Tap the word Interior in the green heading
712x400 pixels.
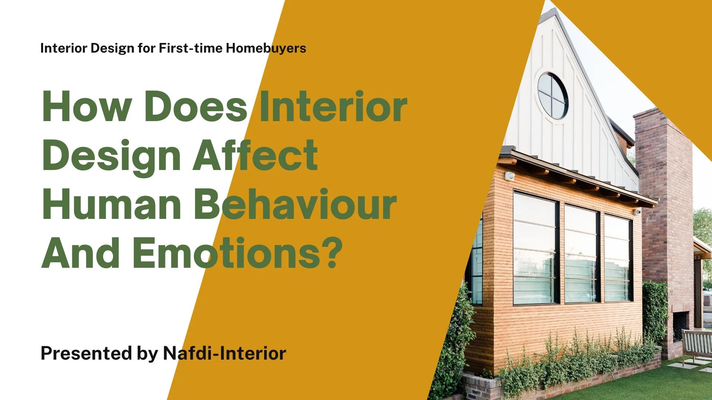click(333, 107)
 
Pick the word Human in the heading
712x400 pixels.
click(112, 205)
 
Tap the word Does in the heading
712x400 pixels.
click(195, 107)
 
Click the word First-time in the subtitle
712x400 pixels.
click(191, 49)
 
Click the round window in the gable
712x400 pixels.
click(553, 96)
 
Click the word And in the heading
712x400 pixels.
click(80, 254)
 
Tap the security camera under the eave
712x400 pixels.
click(637, 212)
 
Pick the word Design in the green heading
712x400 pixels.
click(111, 156)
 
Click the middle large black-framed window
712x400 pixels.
click(581, 254)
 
